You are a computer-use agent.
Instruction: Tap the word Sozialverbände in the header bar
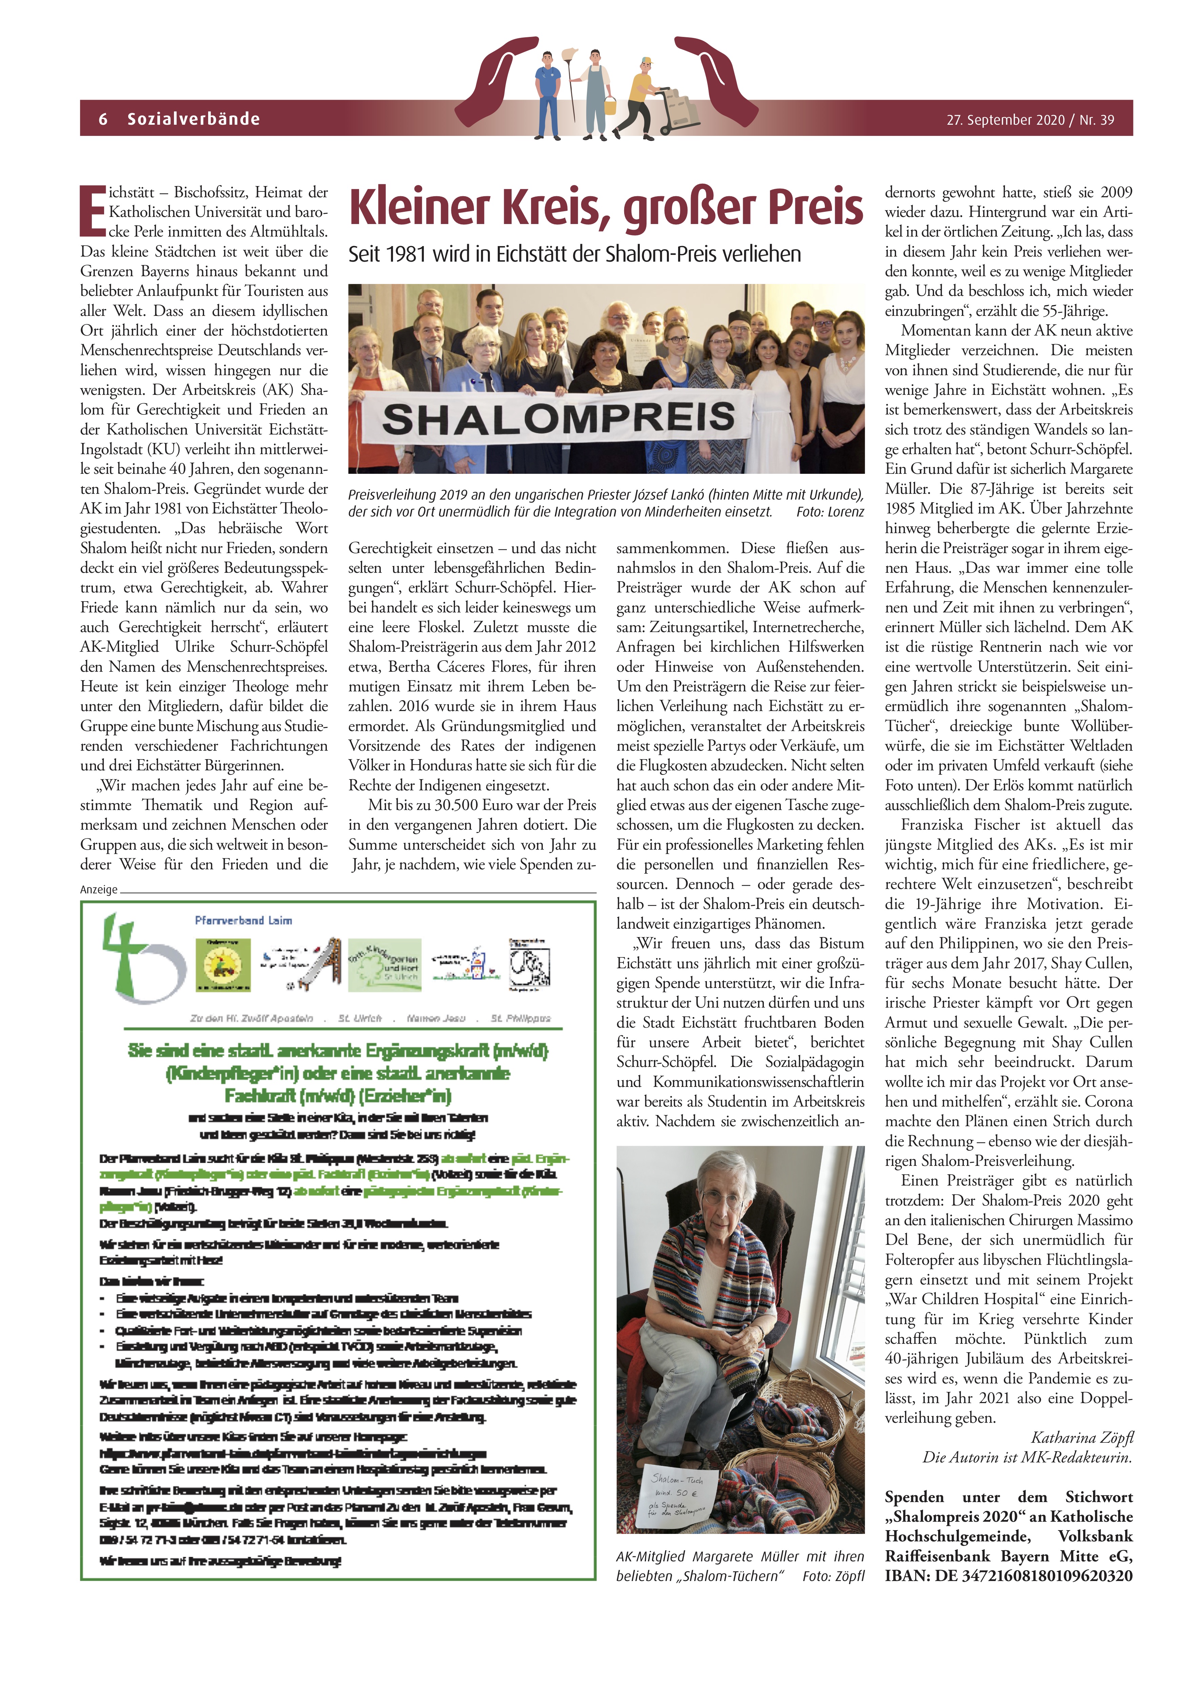click(x=193, y=119)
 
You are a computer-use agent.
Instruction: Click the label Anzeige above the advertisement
click(x=99, y=890)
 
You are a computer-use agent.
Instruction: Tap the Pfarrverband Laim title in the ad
click(x=243, y=920)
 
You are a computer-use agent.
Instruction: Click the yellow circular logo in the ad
click(x=223, y=965)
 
